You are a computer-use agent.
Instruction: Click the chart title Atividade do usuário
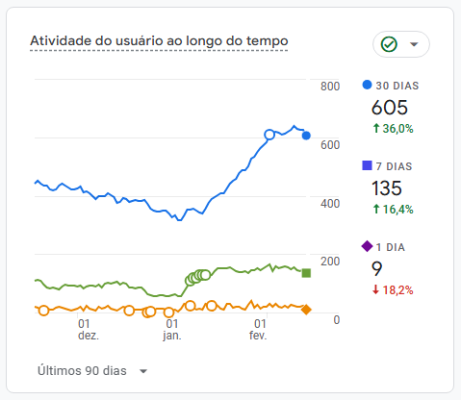[159, 40]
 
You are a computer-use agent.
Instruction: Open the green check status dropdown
[400, 44]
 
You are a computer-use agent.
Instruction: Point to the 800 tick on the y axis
[329, 87]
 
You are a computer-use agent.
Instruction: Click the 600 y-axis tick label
[329, 145]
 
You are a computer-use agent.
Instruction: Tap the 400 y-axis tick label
[329, 203]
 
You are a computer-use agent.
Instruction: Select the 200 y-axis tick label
[329, 261]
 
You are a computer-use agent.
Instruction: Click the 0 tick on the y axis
[336, 319]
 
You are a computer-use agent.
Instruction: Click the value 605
[390, 108]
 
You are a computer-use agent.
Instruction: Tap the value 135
[387, 188]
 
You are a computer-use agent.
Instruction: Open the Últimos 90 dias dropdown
[92, 370]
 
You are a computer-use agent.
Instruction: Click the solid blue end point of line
[306, 136]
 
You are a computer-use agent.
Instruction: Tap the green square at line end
[306, 273]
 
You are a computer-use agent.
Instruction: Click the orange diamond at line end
[306, 309]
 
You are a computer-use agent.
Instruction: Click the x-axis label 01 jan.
[172, 330]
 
